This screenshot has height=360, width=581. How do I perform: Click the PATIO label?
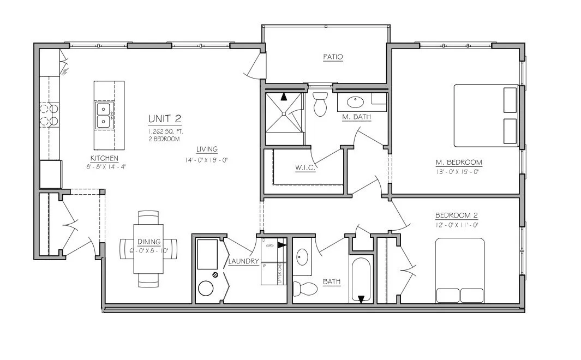[333, 57]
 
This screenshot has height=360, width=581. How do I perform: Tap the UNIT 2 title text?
[164, 119]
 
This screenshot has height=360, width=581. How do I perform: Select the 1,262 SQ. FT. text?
[164, 131]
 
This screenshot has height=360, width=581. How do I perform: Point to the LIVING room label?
[207, 149]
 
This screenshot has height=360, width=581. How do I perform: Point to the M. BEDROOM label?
[458, 162]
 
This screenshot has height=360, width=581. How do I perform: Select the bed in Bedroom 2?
[460, 271]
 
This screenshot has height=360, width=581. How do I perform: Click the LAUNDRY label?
[243, 261]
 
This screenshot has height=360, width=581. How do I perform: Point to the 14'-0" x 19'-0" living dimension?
[206, 160]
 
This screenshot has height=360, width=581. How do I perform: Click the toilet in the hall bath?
[302, 287]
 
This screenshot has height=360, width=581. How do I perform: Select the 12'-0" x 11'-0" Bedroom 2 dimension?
[457, 225]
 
